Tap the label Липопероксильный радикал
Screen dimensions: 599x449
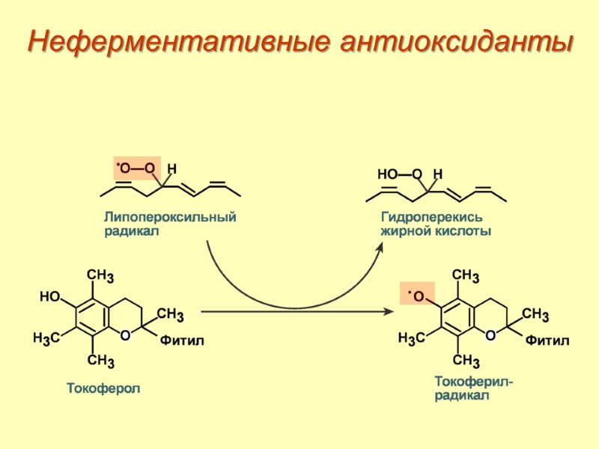point(169,224)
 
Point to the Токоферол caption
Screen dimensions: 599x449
point(103,389)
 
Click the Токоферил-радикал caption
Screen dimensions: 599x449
point(473,388)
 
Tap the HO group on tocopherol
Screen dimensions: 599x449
point(49,297)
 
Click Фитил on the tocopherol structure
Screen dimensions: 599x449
point(182,341)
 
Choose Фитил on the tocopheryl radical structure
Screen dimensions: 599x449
point(547,341)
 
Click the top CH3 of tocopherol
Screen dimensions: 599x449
point(100,277)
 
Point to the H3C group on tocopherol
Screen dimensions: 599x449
point(46,338)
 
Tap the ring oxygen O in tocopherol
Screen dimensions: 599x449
point(124,336)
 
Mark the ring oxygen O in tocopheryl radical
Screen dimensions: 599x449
point(490,336)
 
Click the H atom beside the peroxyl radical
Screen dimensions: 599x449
point(171,169)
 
